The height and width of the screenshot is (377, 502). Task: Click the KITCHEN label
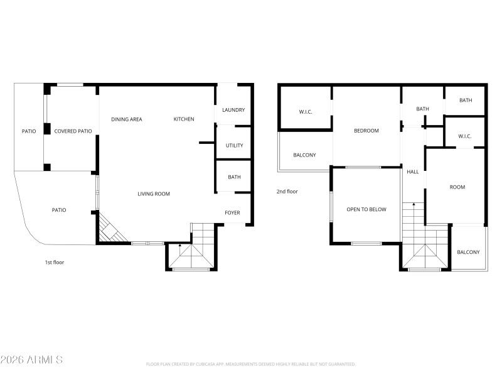[x=184, y=119]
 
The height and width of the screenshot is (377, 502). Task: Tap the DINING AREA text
[x=127, y=119]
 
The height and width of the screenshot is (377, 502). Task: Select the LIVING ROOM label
[x=154, y=194]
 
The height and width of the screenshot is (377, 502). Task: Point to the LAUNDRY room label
[x=233, y=111]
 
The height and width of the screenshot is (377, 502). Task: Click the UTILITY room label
[x=234, y=146]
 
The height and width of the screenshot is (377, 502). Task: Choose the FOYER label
[x=233, y=213]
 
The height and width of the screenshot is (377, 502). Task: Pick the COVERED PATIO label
[x=73, y=131]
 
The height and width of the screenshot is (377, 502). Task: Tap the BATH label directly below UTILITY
[x=234, y=177]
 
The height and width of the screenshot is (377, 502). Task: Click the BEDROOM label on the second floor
[x=366, y=131]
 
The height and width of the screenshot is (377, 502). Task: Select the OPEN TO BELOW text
[x=366, y=209]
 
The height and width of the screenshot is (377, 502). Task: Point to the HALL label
[x=413, y=172]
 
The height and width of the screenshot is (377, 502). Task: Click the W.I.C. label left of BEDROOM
[x=306, y=112]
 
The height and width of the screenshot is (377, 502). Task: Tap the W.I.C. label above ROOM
[x=464, y=136]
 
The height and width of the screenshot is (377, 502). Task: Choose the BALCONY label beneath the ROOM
[x=468, y=253]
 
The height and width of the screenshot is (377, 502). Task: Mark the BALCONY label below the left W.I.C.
[x=304, y=155]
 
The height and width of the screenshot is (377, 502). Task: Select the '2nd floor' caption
[x=287, y=192]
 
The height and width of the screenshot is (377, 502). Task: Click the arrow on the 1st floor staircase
[x=179, y=246]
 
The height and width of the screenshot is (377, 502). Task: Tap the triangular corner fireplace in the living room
[x=108, y=230]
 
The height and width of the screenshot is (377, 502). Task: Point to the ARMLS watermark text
[x=31, y=360]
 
